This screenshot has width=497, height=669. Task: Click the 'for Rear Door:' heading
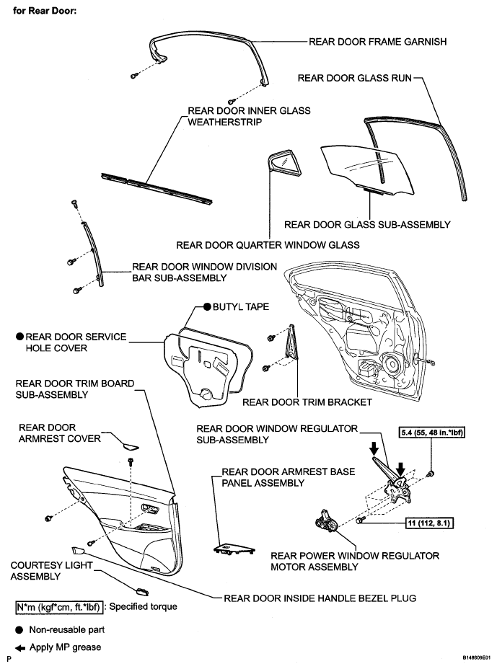(x=45, y=12)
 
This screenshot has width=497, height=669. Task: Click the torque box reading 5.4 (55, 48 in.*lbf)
(x=431, y=433)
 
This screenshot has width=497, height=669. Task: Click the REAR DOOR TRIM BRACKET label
(x=307, y=402)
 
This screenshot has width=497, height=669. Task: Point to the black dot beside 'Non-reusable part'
(x=18, y=628)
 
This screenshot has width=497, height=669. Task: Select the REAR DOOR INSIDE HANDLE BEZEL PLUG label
(x=320, y=597)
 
